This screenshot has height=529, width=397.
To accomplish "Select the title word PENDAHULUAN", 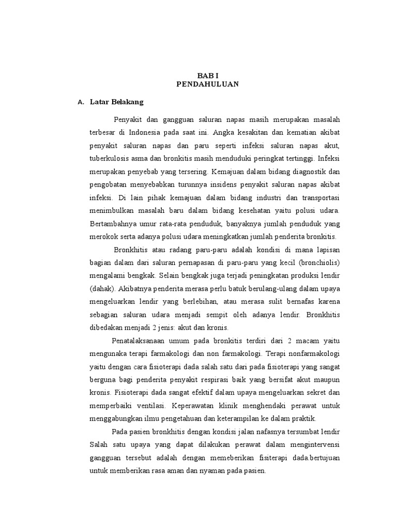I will tap(207, 85).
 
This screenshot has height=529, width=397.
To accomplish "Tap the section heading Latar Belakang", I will tap(116, 102).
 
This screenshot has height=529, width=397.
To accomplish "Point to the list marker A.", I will tap(80, 103).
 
